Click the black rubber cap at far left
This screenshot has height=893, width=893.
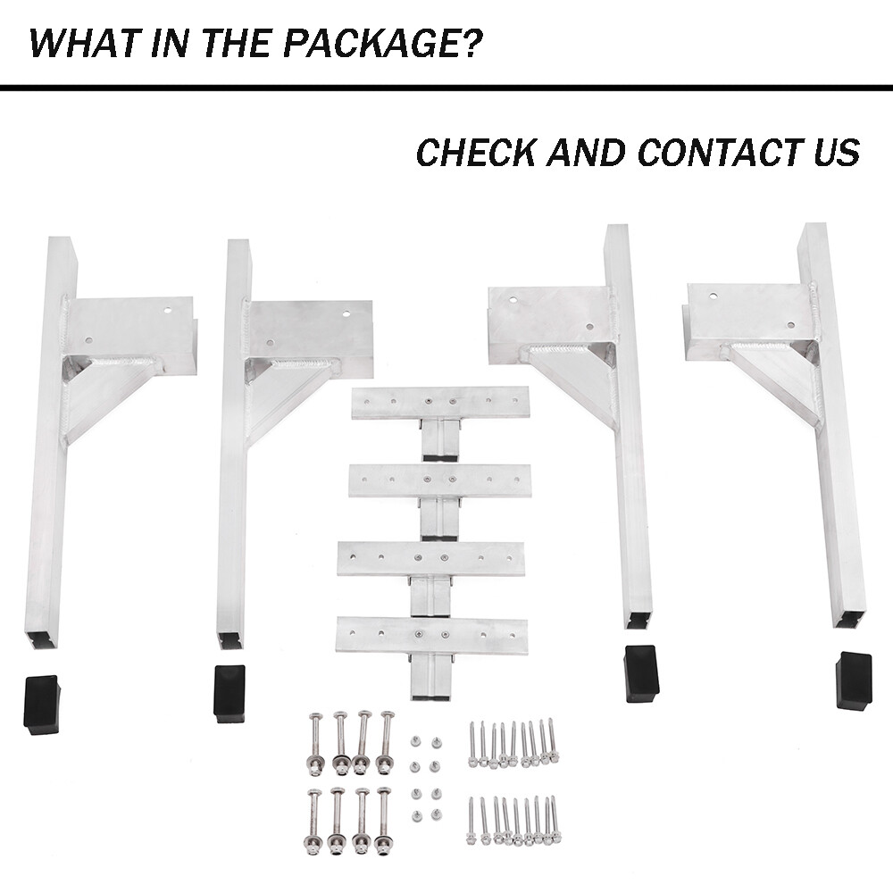pos(41,704)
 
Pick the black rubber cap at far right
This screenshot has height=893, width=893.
pos(853,680)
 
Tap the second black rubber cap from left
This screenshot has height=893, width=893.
pos(230,692)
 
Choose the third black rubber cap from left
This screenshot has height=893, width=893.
pos(641,672)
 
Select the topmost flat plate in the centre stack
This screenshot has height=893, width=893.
pos(440,403)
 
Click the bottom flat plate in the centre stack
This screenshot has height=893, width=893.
pos(431,635)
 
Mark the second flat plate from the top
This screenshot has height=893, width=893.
pos(439,480)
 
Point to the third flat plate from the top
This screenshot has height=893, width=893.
pos(430,558)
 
